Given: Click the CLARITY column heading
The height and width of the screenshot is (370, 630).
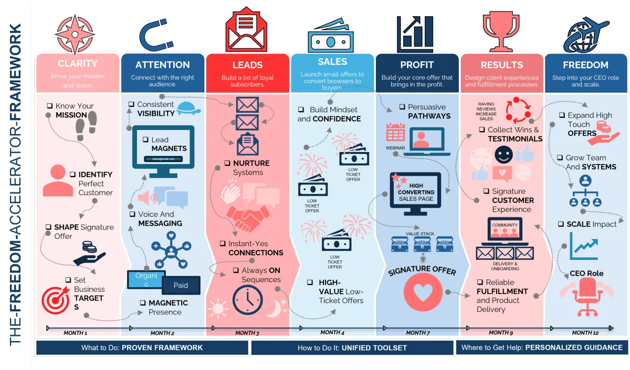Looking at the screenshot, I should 78,63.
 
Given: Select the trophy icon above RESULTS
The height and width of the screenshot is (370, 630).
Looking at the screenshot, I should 501,28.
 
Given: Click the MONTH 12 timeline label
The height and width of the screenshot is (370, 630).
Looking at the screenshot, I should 585,333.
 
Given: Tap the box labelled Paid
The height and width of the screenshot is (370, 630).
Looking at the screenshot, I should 181,285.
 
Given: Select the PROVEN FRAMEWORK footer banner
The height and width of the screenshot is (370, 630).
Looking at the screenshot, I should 142,347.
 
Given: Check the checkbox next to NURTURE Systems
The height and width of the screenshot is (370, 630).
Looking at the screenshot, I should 227,164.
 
